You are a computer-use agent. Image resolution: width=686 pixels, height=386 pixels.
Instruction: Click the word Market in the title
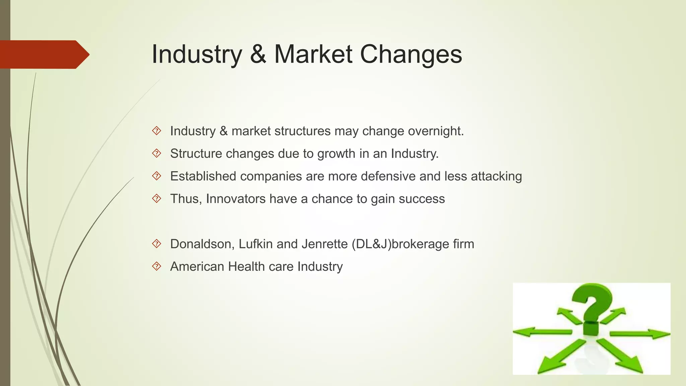coord(313,54)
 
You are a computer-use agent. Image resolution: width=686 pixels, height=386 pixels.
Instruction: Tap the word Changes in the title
coord(411,54)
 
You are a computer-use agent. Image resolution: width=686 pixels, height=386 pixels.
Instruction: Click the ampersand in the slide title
coord(258,54)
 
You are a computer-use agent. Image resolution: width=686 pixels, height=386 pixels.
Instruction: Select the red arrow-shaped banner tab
coord(44,54)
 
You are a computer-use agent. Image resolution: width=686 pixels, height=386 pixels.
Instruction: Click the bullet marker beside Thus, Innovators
coord(156,199)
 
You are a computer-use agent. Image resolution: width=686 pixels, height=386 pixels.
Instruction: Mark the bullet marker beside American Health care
coord(156,266)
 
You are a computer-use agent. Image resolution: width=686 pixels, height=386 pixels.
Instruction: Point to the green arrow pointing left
coord(541,332)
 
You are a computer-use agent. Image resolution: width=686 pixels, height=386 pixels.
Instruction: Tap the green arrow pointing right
coord(640,334)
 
